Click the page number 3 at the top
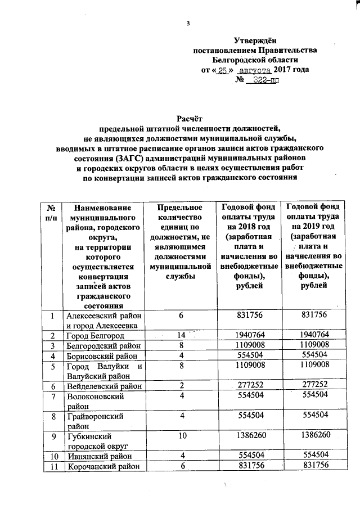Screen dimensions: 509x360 pos(188,23)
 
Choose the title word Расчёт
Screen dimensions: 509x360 pos(189,118)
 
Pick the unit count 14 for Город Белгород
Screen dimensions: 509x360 pos(181,335)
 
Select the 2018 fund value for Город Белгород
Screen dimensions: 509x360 pos(244,335)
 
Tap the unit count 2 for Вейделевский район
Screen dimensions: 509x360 pos(182,386)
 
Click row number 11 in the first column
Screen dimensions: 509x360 pos(51,466)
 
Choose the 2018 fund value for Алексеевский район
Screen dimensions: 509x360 pos(244,316)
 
